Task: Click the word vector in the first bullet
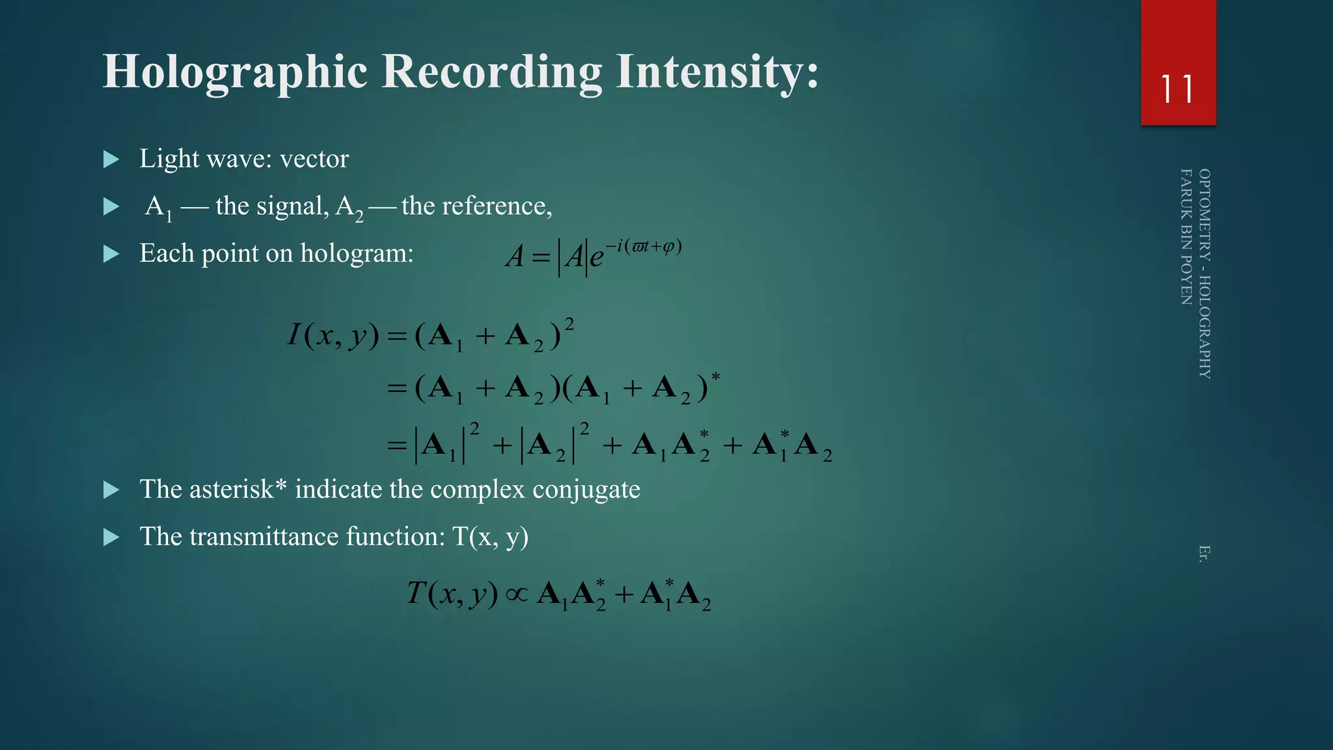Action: tap(314, 159)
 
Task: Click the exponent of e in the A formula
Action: tap(644, 247)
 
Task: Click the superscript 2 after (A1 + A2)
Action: tap(570, 324)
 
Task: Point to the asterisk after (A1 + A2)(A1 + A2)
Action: tap(715, 377)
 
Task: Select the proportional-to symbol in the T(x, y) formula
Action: tap(517, 594)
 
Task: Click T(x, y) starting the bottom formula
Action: tap(452, 593)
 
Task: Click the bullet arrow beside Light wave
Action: tap(111, 160)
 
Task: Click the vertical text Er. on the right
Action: tap(1204, 553)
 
